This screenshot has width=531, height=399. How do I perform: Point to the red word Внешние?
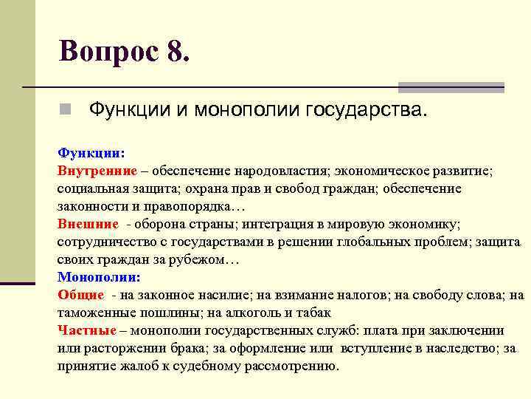[88, 223]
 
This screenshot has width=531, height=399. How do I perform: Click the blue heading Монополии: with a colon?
[98, 277]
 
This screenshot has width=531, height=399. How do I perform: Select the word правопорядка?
[184, 205]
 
